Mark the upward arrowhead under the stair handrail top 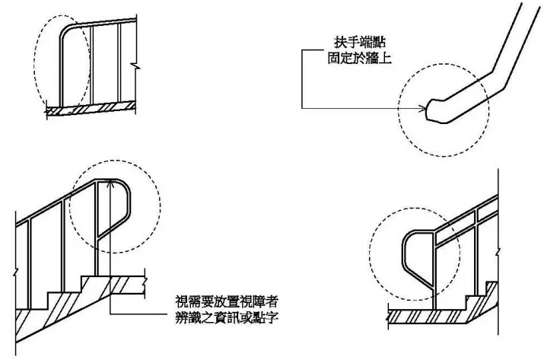(111, 183)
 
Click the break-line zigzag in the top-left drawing (135, 67)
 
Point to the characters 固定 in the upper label (341, 57)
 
